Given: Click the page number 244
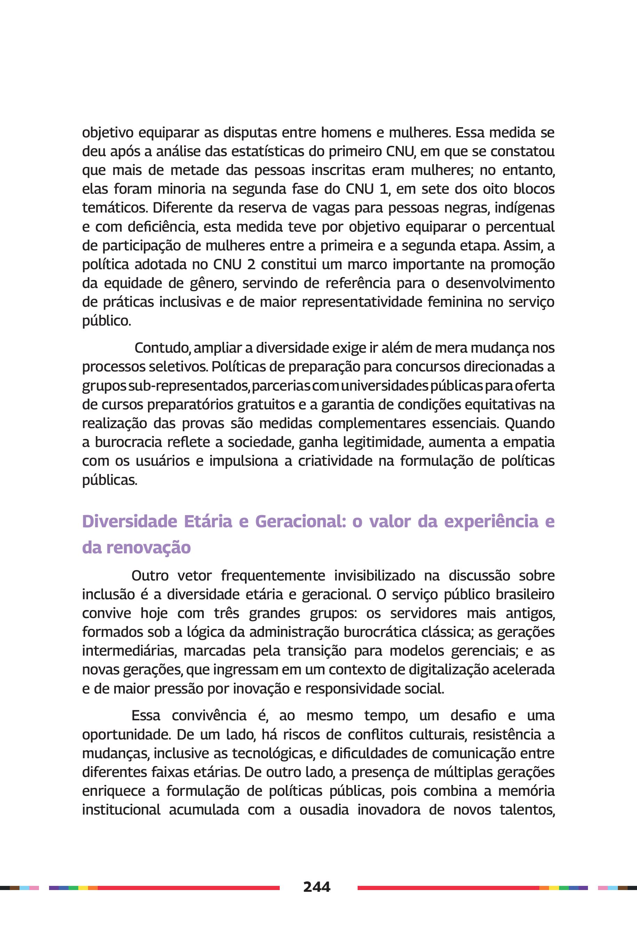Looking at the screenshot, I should pyautogui.click(x=317, y=887).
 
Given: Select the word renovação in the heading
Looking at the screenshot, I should pyautogui.click(x=148, y=547).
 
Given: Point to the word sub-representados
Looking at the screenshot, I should pyautogui.click(x=189, y=385).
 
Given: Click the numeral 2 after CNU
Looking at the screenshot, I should pyautogui.click(x=251, y=264).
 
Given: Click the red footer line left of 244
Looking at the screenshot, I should pyautogui.click(x=187, y=888).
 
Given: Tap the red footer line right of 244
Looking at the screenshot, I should pyautogui.click(x=447, y=888).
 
